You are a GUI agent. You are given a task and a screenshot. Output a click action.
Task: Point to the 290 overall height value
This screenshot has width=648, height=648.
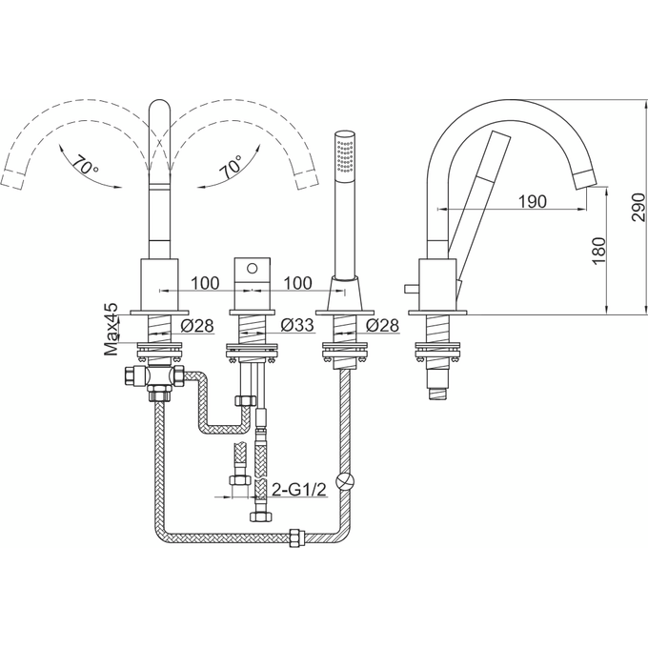(x=636, y=203)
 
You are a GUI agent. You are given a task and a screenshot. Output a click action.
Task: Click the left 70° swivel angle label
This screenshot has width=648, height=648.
(x=85, y=169)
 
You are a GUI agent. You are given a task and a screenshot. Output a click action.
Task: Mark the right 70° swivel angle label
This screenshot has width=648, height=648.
(x=230, y=169)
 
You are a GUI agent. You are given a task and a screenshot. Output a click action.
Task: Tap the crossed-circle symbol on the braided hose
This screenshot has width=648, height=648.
(x=350, y=481)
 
